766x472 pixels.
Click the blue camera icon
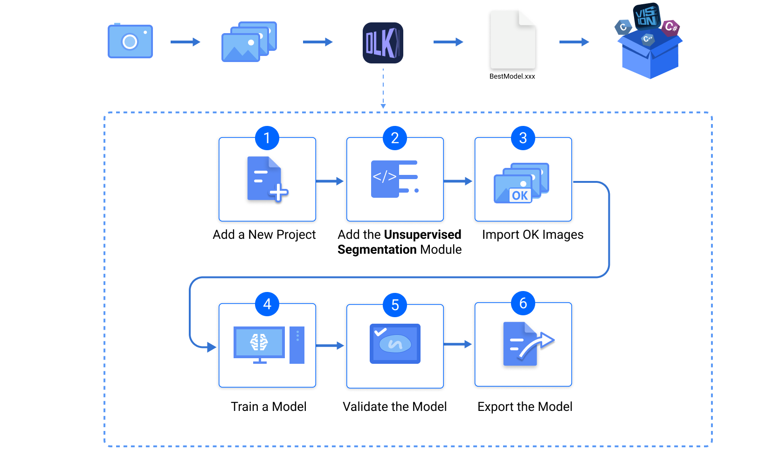point(130,42)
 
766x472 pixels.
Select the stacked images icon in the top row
point(248,42)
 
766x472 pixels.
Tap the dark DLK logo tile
point(383,43)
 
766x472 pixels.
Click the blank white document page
point(512,40)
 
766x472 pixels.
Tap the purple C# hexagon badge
point(670,27)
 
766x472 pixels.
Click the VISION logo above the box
point(647,16)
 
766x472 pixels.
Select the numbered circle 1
point(267,138)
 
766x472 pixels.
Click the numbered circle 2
point(395,138)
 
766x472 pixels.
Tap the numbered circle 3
point(523,138)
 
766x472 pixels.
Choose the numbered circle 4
point(267,304)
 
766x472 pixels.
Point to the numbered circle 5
point(395,305)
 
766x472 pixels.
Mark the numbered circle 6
point(523,303)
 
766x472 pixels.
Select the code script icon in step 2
point(394,179)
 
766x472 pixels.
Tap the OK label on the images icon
point(520,195)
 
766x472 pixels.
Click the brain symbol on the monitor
point(259,342)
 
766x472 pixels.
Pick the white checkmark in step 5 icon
point(380,332)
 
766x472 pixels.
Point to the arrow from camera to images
point(185,42)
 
